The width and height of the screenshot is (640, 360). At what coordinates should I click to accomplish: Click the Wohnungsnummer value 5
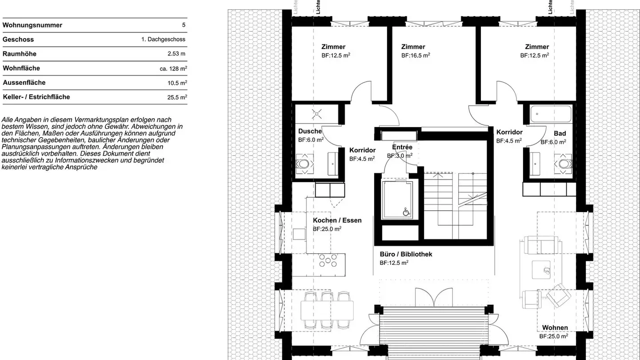pos(184,25)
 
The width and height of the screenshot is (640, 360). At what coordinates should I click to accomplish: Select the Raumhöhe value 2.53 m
pos(176,54)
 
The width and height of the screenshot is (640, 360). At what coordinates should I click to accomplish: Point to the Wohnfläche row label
pos(21,68)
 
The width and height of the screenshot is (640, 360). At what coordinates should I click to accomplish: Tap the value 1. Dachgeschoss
pos(163,40)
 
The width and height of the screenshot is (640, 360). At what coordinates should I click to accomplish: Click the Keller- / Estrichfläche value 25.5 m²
pos(177,97)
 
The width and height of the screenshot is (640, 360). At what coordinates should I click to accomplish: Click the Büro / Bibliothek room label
pos(406,254)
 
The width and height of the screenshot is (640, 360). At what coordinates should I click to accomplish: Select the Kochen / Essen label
pos(337,220)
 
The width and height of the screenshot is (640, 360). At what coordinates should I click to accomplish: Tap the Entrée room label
pos(402,147)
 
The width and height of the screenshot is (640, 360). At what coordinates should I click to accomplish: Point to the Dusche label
pos(310,131)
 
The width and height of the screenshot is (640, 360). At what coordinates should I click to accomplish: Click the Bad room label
pos(560,133)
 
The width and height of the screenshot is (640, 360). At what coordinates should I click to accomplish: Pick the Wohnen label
pos(555,328)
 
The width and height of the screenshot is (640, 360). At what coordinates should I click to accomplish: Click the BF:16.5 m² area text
pos(416,56)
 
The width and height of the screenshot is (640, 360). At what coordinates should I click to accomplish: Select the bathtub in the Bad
pos(550,114)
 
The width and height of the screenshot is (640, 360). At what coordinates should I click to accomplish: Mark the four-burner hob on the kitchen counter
pos(328,260)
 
